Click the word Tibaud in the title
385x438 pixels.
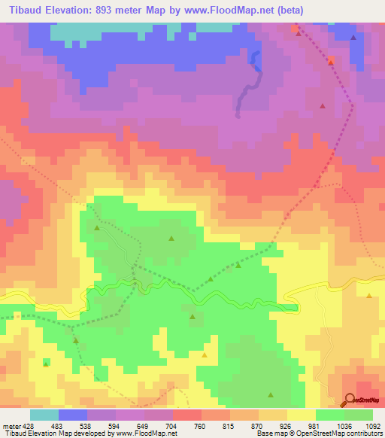click(23, 11)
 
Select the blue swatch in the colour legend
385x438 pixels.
click(72, 415)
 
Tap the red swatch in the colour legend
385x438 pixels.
click(186, 415)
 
